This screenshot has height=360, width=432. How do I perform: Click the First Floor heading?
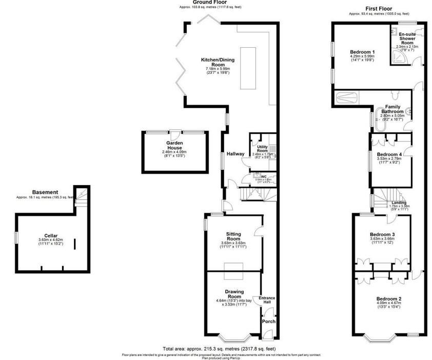pos(378,9)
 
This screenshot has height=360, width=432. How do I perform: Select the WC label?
pos(264,177)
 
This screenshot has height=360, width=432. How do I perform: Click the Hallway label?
pos(235,154)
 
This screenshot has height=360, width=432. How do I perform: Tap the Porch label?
pos(268,322)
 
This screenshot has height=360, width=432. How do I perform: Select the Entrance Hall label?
pos(267,300)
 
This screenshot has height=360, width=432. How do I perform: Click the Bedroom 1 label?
pos(362,52)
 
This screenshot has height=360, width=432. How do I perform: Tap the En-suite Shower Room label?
pos(407,38)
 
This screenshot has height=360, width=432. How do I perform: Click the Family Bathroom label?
pos(392,109)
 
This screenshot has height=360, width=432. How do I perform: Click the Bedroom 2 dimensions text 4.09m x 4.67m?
pos(389,304)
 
